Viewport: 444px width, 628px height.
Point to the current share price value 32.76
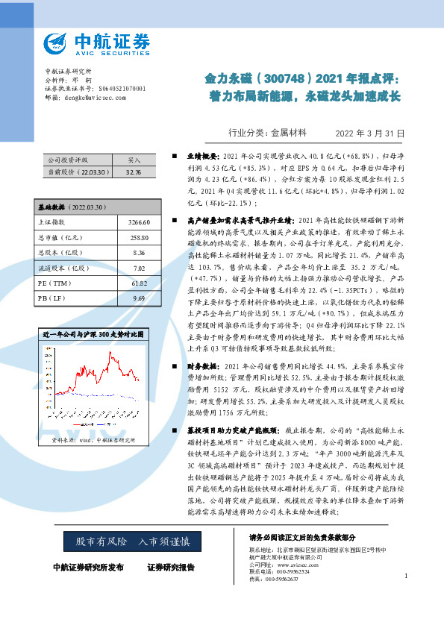coord(134,172)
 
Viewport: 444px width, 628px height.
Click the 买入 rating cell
coord(134,160)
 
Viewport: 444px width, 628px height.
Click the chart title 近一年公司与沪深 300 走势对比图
coord(93,333)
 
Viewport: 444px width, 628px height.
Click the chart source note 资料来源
coord(93,440)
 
